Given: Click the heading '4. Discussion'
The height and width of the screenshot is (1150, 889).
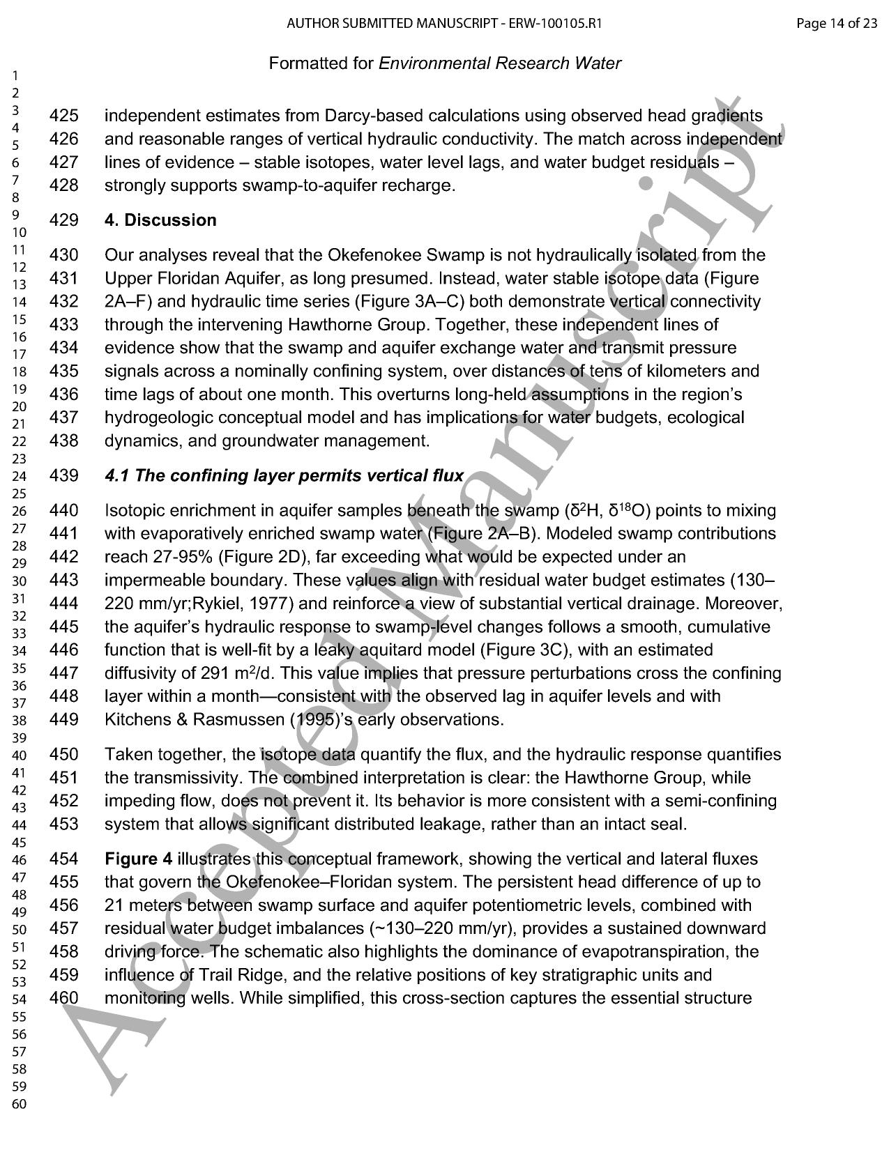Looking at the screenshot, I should pos(160,220).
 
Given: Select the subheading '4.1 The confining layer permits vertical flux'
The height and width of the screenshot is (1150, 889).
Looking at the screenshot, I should pos(284,476).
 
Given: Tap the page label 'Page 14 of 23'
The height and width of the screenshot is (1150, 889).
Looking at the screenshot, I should pos(837,24).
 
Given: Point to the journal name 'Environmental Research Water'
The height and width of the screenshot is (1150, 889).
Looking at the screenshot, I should pos(500,63).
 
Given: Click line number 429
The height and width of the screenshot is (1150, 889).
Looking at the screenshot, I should pos(64,220).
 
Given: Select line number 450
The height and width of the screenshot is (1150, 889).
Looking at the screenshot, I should pos(64,755).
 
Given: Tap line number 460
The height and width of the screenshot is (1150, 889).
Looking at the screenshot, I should pos(64,998).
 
